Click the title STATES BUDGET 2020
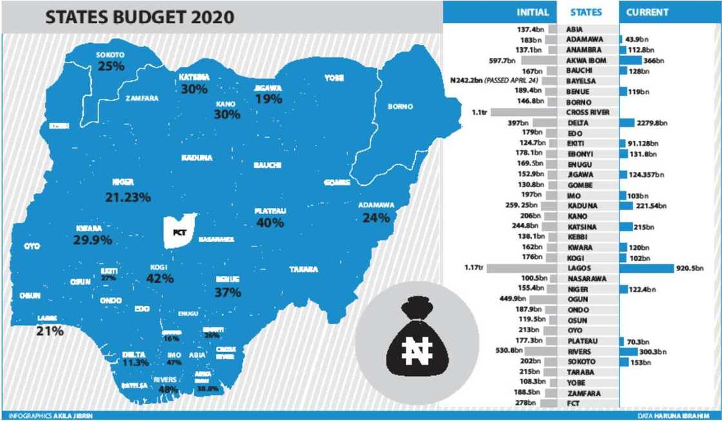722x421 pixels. tap(139, 17)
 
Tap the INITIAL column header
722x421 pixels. tap(532, 12)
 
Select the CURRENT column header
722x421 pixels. tap(647, 12)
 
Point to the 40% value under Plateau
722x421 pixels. tap(269, 223)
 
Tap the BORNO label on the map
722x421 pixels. tap(400, 107)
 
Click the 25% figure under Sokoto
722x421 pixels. tap(110, 66)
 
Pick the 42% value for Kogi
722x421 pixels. tap(160, 278)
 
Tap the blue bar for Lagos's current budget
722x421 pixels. tap(645, 268)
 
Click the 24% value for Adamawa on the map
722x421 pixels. tap(376, 218)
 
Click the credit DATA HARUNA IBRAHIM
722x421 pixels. tap(680, 416)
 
